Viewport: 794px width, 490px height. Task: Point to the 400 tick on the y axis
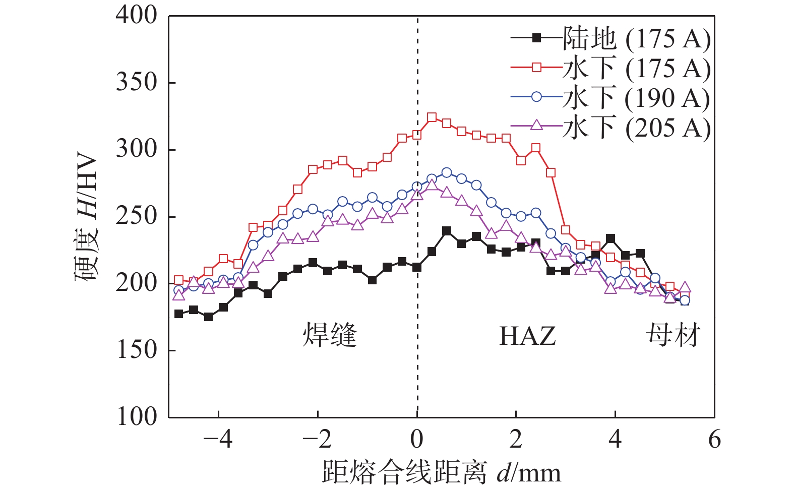137,15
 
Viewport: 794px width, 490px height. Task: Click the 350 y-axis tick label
137,82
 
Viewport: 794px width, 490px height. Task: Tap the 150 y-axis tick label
137,350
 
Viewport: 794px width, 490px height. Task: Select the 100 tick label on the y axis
137,417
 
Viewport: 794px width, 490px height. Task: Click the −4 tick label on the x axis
218,440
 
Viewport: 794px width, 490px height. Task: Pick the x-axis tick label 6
714,440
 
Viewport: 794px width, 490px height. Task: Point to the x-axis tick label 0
417,440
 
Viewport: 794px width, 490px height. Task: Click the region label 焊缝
330,335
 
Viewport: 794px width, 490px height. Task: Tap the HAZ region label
527,336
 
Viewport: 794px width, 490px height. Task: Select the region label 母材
674,335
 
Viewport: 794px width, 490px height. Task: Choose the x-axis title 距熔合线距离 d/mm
442,473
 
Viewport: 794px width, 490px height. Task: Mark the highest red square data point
432,117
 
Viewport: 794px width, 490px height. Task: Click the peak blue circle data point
447,172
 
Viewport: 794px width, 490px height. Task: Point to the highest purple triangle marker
432,185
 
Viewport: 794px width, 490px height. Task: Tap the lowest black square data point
208,317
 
